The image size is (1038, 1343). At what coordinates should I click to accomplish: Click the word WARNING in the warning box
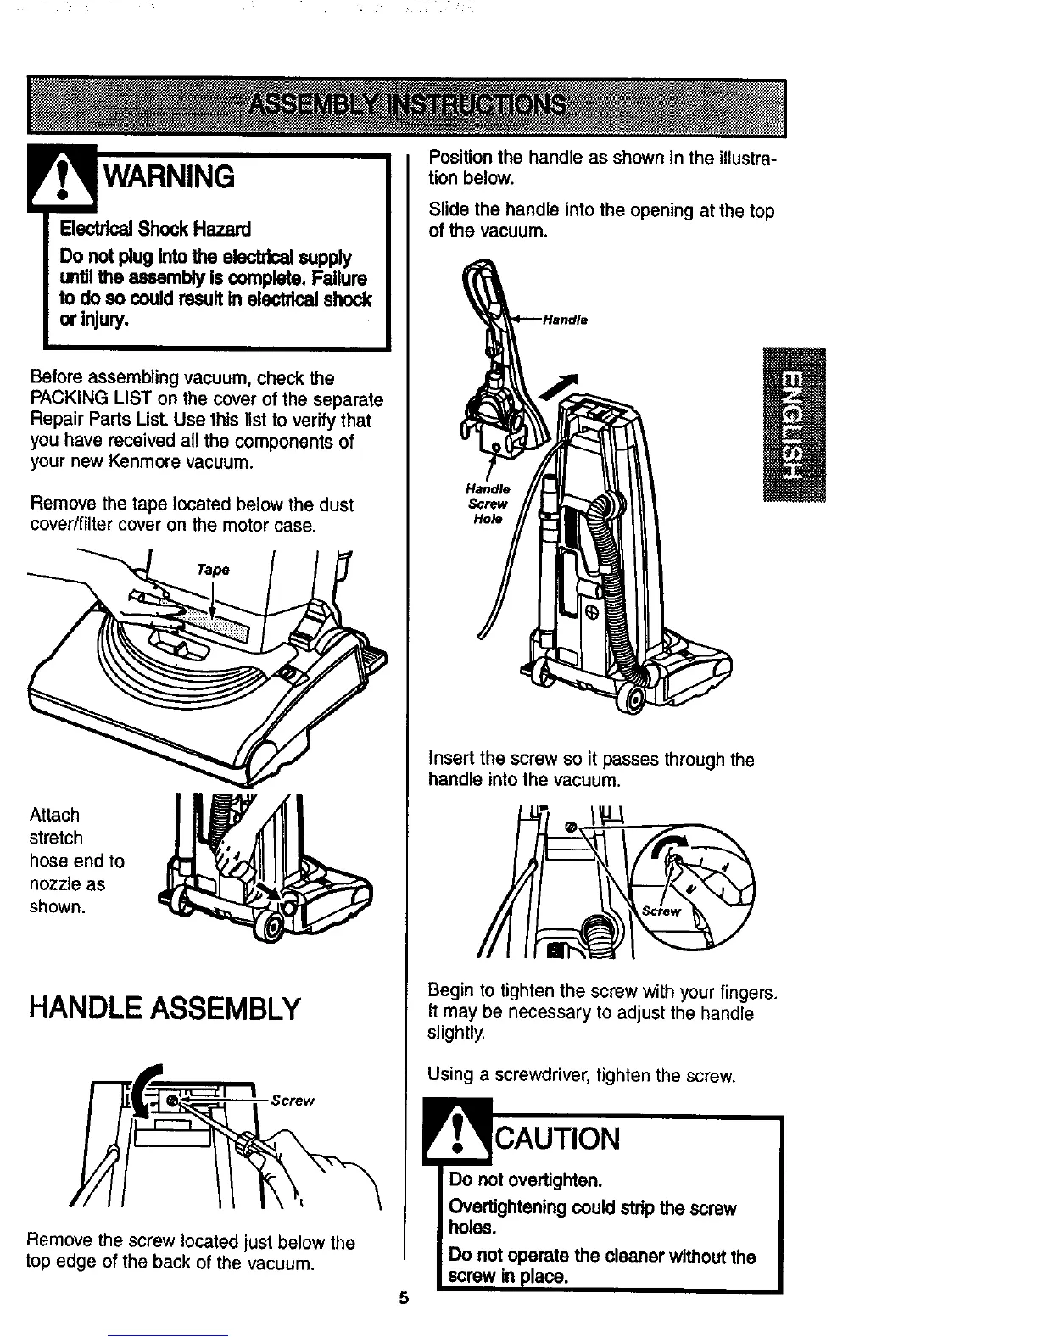[x=169, y=176]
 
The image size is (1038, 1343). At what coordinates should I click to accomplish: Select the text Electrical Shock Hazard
[x=153, y=230]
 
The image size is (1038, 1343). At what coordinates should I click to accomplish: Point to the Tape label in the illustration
[x=213, y=570]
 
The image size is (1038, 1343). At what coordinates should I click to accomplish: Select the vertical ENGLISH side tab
[x=792, y=424]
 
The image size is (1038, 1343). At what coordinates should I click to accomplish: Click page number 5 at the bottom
[x=404, y=1298]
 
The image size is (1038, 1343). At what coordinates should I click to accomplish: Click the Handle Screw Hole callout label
[x=488, y=504]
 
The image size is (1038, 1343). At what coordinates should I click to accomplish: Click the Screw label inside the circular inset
[x=662, y=912]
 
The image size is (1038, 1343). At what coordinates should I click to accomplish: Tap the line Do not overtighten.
[x=526, y=1179]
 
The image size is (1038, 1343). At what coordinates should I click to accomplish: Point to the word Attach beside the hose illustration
[x=54, y=815]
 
